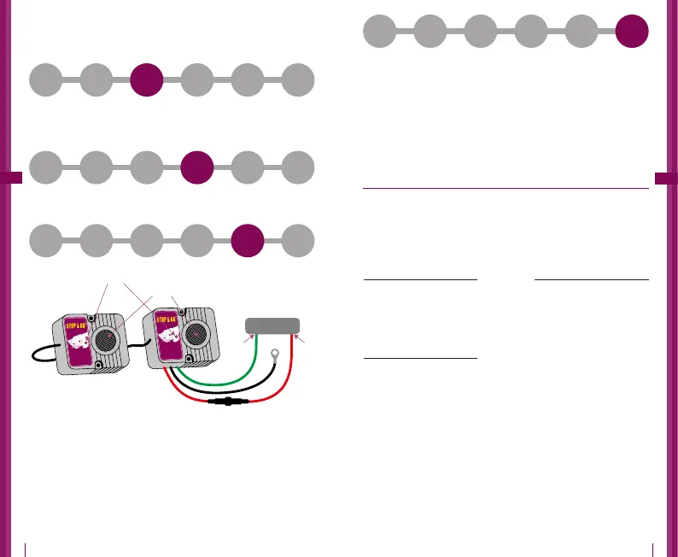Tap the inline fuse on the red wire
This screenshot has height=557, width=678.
[x=229, y=401]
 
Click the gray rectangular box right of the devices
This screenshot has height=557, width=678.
[x=272, y=325]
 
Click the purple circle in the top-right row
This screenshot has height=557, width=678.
[x=632, y=32]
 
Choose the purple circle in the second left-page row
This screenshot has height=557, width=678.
[x=197, y=167]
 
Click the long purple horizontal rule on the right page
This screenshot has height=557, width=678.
[x=505, y=189]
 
